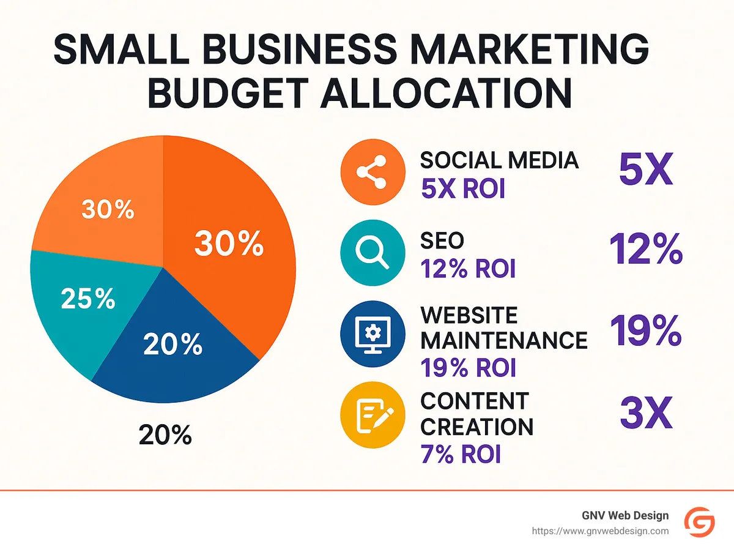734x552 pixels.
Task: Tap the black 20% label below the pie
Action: [x=165, y=435]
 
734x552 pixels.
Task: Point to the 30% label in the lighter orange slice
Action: [x=108, y=210]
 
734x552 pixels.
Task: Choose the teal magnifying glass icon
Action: [x=372, y=253]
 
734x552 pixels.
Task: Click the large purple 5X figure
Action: [x=645, y=170]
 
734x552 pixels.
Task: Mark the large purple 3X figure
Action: [x=645, y=413]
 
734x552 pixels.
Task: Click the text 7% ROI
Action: [x=461, y=454]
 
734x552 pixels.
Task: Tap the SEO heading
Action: [x=442, y=241]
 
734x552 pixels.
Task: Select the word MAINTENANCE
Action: [x=503, y=340]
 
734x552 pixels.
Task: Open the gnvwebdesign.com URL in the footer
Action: [x=599, y=531]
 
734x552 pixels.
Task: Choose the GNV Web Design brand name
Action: [x=625, y=515]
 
